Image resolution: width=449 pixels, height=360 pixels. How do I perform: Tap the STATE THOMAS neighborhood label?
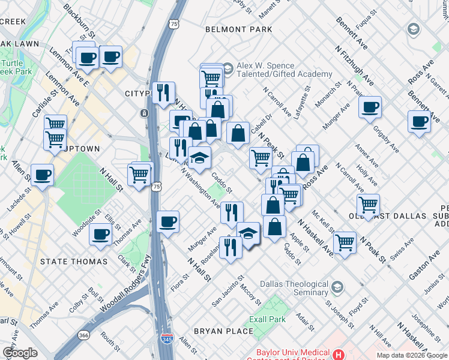(x=74, y=262)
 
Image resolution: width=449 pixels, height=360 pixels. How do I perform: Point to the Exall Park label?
(x=268, y=319)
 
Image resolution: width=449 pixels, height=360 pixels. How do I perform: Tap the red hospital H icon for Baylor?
(x=340, y=355)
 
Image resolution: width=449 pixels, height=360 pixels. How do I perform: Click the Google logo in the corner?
(x=20, y=353)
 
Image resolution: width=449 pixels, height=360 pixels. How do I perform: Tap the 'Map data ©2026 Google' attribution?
(x=412, y=355)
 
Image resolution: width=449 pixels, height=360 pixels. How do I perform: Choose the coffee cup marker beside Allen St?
(x=42, y=175)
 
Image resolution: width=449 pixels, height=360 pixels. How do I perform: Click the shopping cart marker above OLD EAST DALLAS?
(x=368, y=205)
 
